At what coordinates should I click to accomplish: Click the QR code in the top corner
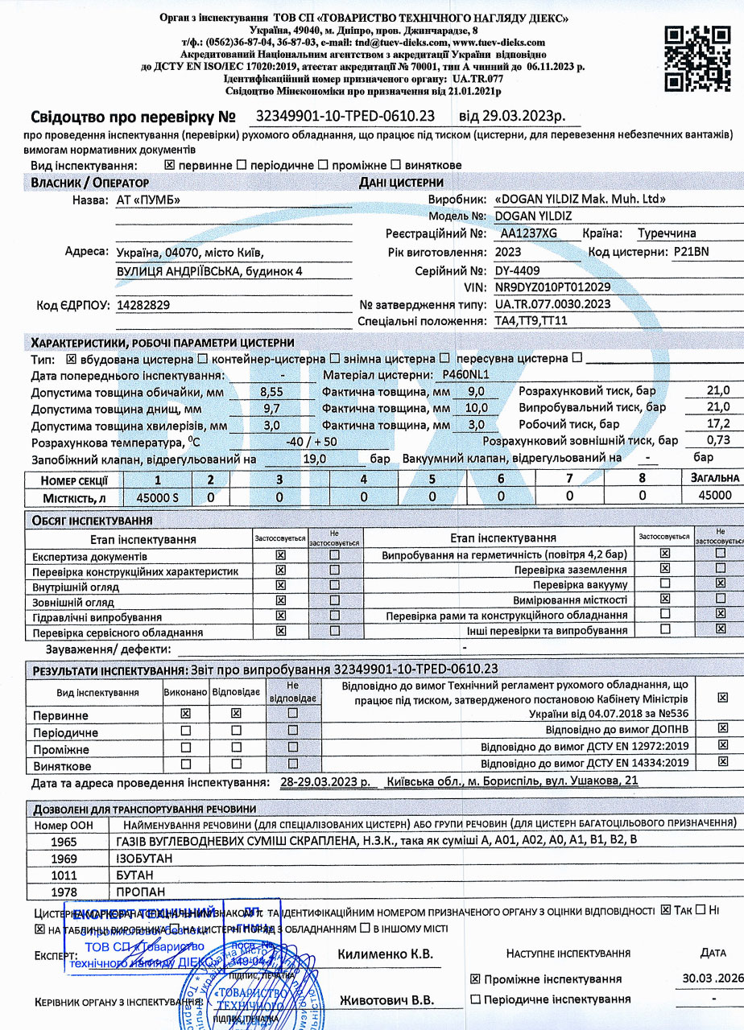click(696, 57)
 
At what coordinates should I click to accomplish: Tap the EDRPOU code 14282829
click(143, 305)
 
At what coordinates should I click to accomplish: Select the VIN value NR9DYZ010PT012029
click(552, 286)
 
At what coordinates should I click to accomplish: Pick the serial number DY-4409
click(517, 270)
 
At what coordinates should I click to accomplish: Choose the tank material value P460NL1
click(466, 374)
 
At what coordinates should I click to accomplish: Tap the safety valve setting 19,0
click(314, 458)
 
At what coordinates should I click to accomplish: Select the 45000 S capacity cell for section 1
click(158, 496)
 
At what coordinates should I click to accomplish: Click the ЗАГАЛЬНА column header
click(709, 480)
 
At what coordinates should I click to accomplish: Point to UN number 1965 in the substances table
click(64, 841)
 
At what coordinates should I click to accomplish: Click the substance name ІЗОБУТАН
click(144, 858)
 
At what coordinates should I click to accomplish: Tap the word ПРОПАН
click(141, 892)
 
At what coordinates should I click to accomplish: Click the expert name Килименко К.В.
click(386, 954)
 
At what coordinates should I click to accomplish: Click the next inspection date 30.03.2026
click(712, 978)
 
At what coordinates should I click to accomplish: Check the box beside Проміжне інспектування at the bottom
click(475, 979)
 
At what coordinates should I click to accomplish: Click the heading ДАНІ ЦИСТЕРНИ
click(401, 183)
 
